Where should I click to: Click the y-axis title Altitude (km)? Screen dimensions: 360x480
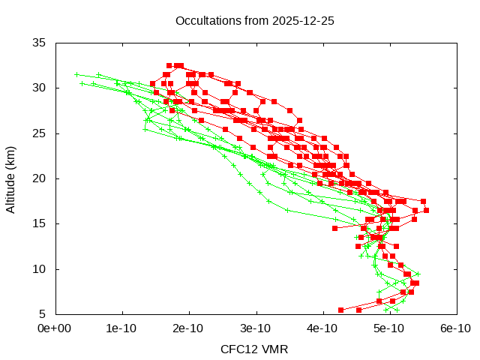(11, 178)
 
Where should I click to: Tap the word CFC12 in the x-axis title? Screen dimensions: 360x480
(238, 349)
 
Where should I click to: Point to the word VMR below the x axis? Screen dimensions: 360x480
(274, 349)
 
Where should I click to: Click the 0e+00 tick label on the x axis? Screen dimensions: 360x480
(55, 328)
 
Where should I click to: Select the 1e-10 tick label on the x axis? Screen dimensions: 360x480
(121, 328)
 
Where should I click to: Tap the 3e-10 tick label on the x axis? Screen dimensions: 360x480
(256, 328)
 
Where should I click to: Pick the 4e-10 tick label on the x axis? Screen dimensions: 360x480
(322, 328)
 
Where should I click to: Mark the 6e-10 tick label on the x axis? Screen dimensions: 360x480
(456, 328)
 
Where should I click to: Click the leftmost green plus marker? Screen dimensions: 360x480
(76, 74)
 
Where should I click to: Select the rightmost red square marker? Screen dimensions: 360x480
(426, 210)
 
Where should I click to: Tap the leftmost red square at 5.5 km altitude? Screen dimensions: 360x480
(340, 310)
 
